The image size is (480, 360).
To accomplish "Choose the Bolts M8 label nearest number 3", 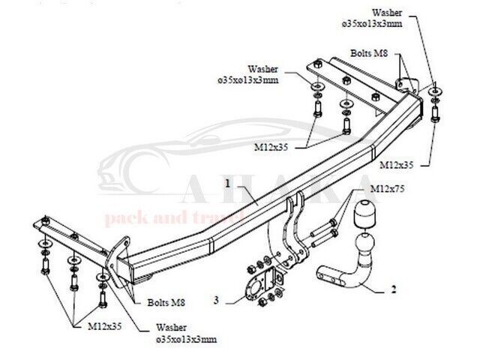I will [167, 301].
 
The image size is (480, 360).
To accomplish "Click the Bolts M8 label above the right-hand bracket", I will [368, 54].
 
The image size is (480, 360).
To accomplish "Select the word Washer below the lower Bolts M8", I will [172, 328].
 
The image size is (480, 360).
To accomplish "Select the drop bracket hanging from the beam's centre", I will [289, 232].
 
